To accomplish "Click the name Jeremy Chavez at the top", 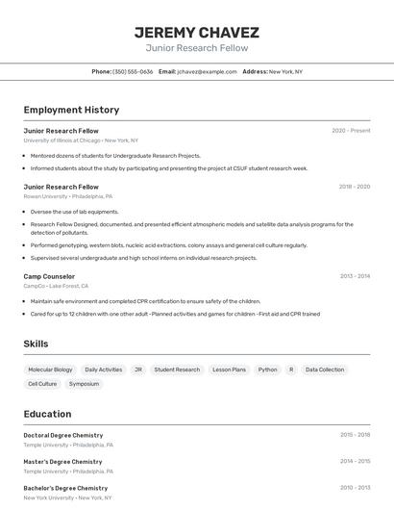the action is click(x=197, y=32).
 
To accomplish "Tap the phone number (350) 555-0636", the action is click(x=133, y=71).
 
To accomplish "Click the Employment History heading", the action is click(x=71, y=110).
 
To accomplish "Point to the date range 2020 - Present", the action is click(x=351, y=130).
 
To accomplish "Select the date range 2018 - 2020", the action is click(x=354, y=187).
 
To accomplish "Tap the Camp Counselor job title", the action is click(x=50, y=276).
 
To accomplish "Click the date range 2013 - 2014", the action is click(x=355, y=276).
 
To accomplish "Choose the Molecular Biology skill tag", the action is click(x=50, y=370).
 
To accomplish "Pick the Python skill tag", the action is click(x=267, y=370).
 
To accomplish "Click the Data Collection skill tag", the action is click(x=325, y=370).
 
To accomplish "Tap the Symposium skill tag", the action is click(x=84, y=384).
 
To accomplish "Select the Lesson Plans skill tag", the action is click(x=229, y=370).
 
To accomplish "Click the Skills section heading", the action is click(x=36, y=344).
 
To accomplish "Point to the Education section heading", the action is click(x=47, y=414).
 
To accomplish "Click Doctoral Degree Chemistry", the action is click(x=62, y=435).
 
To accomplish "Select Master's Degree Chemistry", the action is click(x=62, y=462).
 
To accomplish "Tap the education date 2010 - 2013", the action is click(x=355, y=488).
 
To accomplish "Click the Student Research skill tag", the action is click(x=177, y=370).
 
